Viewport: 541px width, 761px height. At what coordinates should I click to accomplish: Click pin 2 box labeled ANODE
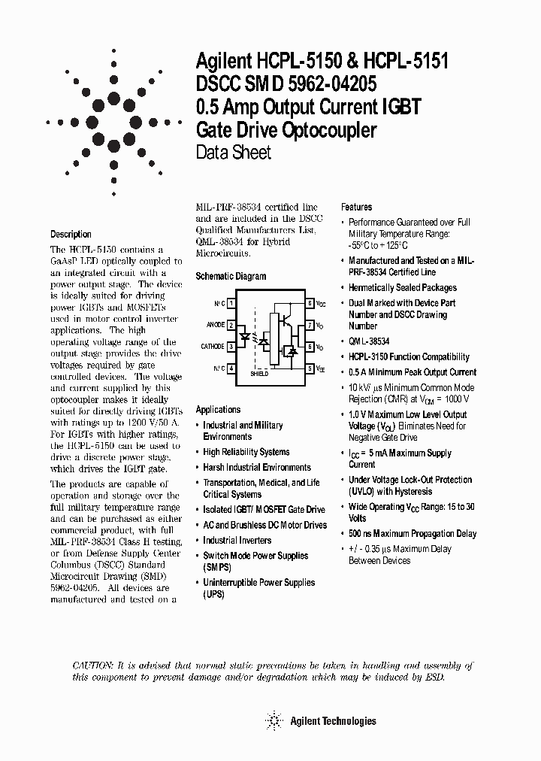[x=232, y=326]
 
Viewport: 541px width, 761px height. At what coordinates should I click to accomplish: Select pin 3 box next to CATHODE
[x=232, y=347]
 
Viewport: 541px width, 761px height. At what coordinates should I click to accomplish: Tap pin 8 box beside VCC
[x=310, y=304]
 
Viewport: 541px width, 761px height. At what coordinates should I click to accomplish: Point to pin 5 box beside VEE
[x=310, y=368]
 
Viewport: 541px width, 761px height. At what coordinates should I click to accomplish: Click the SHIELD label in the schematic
[x=259, y=374]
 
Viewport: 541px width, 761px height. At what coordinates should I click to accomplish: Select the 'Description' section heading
[x=71, y=235]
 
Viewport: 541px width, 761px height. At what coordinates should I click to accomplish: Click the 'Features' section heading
[x=357, y=207]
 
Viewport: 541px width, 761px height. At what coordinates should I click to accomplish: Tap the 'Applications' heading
[x=218, y=410]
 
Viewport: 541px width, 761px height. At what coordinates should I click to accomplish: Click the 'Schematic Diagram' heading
[x=231, y=277]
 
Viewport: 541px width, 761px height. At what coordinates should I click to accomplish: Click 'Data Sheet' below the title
[x=233, y=153]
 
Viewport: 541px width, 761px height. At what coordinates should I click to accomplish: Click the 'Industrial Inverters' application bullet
[x=238, y=541]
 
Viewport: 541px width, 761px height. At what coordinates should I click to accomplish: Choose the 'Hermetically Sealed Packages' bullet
[x=402, y=288]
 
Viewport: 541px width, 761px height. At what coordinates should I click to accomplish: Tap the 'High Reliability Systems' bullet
[x=246, y=452]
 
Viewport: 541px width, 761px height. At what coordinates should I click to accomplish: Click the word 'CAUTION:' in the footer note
[x=93, y=665]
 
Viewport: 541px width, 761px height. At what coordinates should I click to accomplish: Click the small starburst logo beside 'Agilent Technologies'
[x=274, y=721]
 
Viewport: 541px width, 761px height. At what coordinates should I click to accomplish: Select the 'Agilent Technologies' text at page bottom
[x=332, y=721]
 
